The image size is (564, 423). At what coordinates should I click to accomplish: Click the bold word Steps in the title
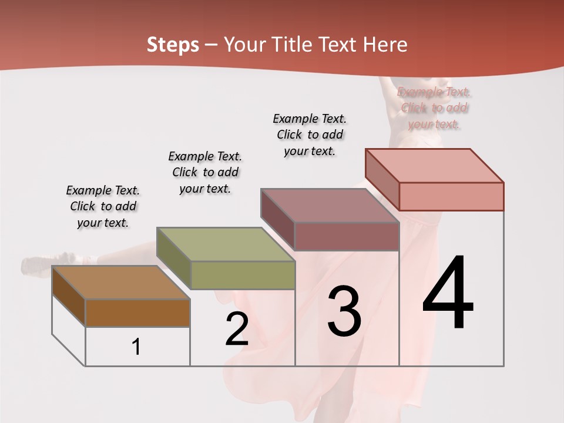[173, 45]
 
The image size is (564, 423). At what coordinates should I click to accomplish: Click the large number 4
[448, 294]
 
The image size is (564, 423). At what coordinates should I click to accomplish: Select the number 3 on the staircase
[344, 311]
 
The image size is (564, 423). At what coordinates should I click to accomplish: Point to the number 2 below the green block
[237, 329]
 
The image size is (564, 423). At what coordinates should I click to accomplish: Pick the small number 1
[136, 347]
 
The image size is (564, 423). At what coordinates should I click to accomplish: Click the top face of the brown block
[121, 283]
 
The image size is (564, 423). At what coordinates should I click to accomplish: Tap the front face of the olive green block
[243, 275]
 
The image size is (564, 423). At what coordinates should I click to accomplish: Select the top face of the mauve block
[330, 206]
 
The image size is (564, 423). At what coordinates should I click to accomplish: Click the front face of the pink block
[451, 196]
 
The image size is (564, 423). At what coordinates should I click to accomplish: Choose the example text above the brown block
[103, 206]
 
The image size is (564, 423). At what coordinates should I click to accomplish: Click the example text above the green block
[205, 172]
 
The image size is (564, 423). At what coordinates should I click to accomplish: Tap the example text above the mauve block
[310, 135]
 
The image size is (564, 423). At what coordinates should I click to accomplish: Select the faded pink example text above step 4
[434, 108]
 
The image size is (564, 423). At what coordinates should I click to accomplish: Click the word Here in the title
[385, 45]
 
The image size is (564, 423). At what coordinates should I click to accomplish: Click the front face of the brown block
[137, 313]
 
